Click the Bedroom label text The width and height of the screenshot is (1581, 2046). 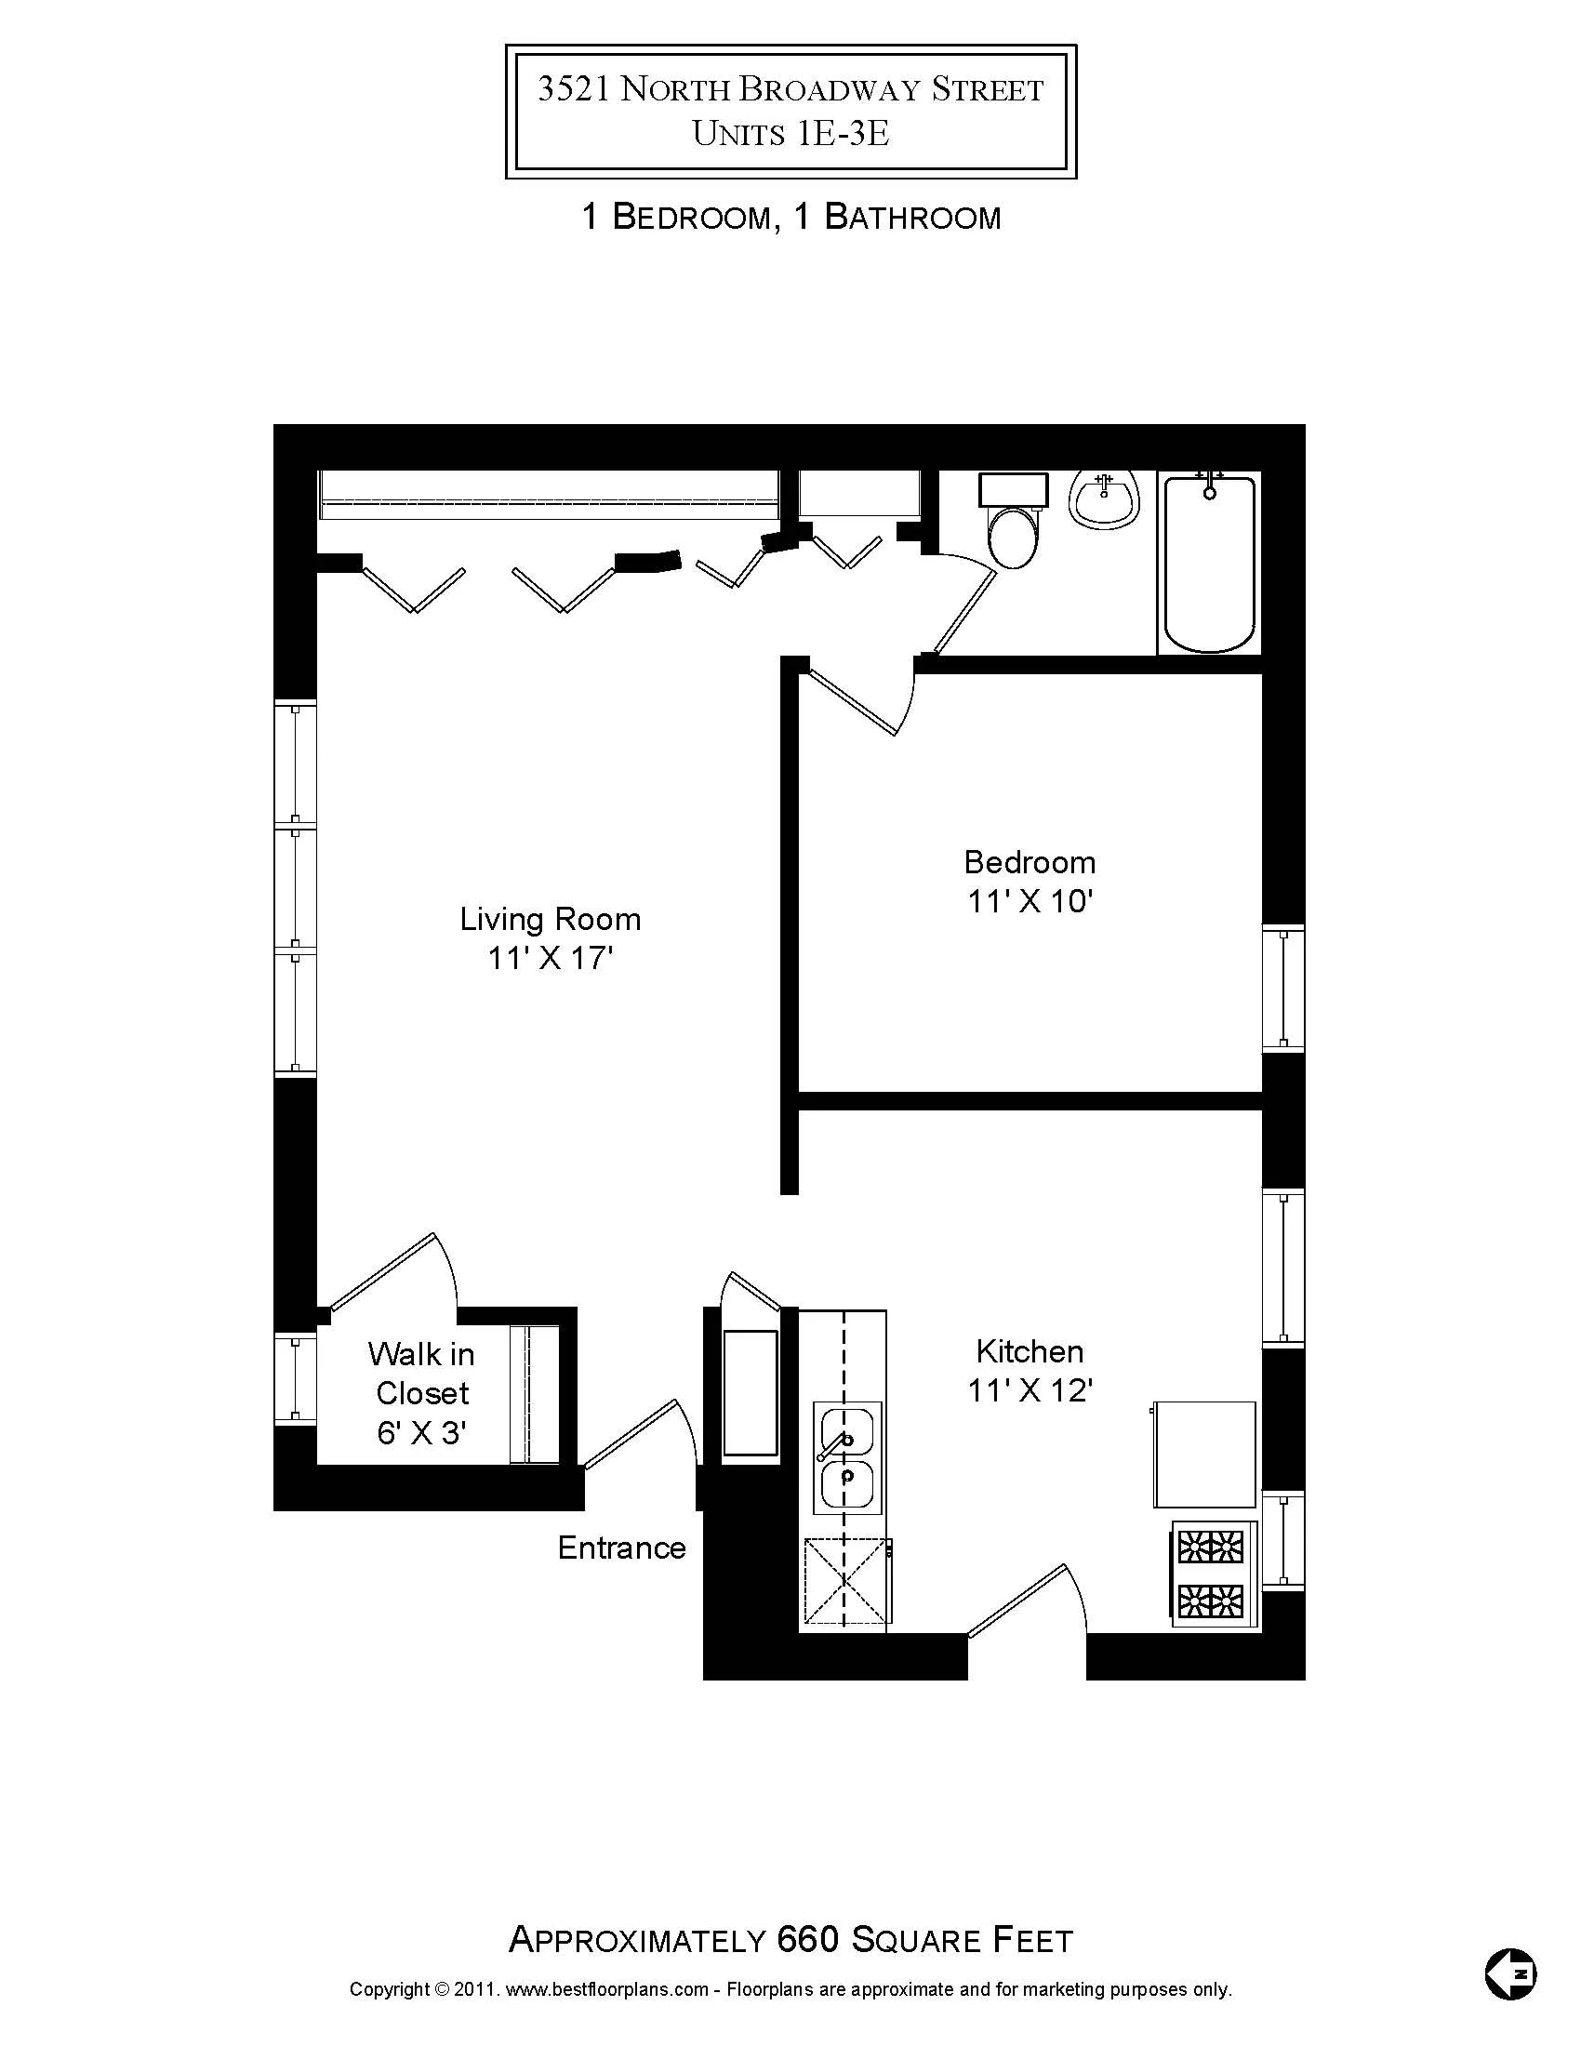click(1030, 862)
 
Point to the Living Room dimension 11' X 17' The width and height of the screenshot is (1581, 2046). click(550, 958)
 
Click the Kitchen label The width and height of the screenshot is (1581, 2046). click(1030, 1351)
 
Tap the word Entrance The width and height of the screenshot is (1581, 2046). click(621, 1548)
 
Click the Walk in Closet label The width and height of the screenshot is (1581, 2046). click(421, 1392)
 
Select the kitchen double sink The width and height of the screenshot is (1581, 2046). click(846, 1456)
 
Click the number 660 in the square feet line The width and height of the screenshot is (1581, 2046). click(807, 1939)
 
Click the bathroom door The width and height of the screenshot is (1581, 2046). click(964, 609)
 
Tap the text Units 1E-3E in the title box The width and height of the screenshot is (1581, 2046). click(790, 134)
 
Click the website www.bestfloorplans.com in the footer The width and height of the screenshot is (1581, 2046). click(608, 1990)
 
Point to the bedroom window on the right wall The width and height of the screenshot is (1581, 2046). click(1282, 988)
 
